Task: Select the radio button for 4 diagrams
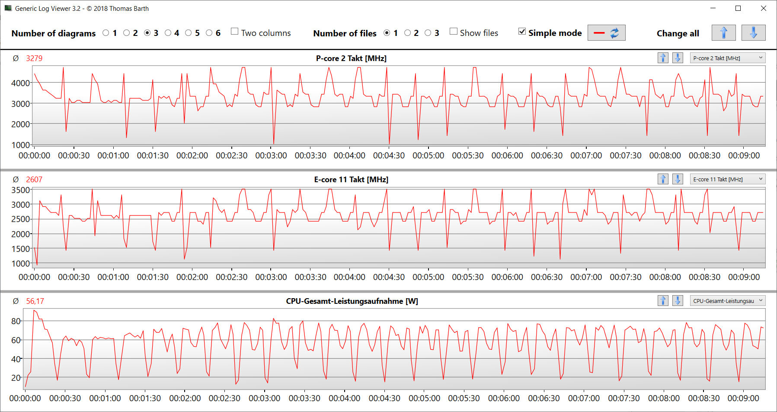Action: (x=168, y=33)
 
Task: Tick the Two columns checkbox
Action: (x=235, y=32)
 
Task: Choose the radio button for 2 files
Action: (x=407, y=33)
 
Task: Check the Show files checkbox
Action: (x=454, y=32)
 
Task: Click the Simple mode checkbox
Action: (x=522, y=32)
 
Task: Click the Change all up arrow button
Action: (x=723, y=33)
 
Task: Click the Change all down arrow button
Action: (x=753, y=33)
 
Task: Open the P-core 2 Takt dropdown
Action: (x=727, y=58)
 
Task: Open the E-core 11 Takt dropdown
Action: (x=727, y=179)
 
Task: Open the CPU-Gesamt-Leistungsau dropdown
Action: (x=727, y=301)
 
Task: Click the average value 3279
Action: (x=34, y=58)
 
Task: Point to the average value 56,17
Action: (x=35, y=301)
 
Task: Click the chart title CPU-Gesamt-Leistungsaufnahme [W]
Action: (x=352, y=301)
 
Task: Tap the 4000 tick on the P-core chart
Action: (x=21, y=83)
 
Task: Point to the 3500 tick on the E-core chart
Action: (x=21, y=190)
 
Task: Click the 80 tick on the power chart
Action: (x=16, y=321)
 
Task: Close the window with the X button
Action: (x=764, y=8)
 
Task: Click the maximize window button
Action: (x=738, y=8)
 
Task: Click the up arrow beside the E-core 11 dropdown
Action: (x=663, y=179)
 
